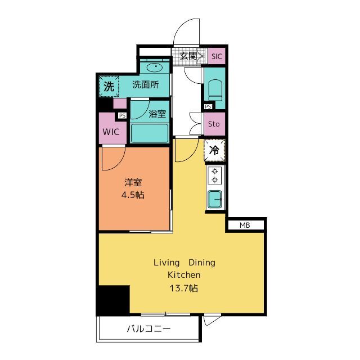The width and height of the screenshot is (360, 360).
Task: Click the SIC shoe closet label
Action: pyautogui.click(x=217, y=56)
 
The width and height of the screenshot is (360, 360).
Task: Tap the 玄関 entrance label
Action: pyautogui.click(x=188, y=56)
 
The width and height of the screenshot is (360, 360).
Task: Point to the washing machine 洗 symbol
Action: pyautogui.click(x=109, y=86)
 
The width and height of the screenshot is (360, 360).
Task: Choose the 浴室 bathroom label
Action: pyautogui.click(x=157, y=114)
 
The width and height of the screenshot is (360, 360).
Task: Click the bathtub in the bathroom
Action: pyautogui.click(x=150, y=133)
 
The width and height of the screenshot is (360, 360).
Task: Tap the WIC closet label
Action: pyautogui.click(x=111, y=132)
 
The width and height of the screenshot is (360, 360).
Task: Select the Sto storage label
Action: pyautogui.click(x=214, y=124)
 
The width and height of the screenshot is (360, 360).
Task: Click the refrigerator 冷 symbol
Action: pyautogui.click(x=214, y=150)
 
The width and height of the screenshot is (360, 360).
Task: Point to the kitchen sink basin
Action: pyautogui.click(x=215, y=199)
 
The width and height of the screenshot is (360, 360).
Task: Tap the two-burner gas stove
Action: pyautogui.click(x=215, y=175)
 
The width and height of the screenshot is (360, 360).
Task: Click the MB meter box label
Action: pyautogui.click(x=245, y=225)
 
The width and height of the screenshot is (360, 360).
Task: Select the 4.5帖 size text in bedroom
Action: pyautogui.click(x=133, y=195)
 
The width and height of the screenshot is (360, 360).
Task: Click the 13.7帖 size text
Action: pyautogui.click(x=184, y=288)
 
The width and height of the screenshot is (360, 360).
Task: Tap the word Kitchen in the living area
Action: pyautogui.click(x=184, y=275)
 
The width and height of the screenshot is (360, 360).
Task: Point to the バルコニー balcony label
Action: pyautogui.click(x=148, y=328)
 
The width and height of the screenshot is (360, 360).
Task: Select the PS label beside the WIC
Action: pyautogui.click(x=123, y=115)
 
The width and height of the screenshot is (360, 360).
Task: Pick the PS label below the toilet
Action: pyautogui.click(x=208, y=106)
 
